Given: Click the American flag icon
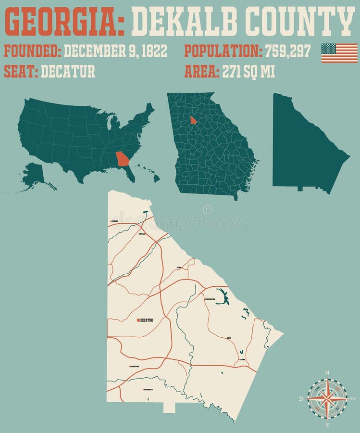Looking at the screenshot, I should tap(339, 53).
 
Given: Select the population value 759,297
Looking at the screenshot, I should tap(288, 51).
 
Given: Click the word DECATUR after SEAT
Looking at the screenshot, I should tap(68, 71).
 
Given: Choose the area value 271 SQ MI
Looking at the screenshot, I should tap(248, 71).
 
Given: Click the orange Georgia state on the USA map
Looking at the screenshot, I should tap(123, 159).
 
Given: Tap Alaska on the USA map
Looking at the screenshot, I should tap(34, 176).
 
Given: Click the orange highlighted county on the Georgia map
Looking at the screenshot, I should tap(193, 120).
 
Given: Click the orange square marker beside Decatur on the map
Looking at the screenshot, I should tap(138, 320).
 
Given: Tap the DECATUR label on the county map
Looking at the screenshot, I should tap(147, 320).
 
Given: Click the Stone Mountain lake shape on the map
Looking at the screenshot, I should tap(222, 296).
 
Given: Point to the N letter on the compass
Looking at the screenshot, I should tap(327, 373).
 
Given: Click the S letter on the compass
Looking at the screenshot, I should tap(327, 424).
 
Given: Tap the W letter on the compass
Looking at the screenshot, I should tap(301, 399).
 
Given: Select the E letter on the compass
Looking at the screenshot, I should tap(353, 399).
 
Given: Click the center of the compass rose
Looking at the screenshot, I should tap(327, 399).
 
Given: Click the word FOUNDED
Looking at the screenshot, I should tap(32, 51).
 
